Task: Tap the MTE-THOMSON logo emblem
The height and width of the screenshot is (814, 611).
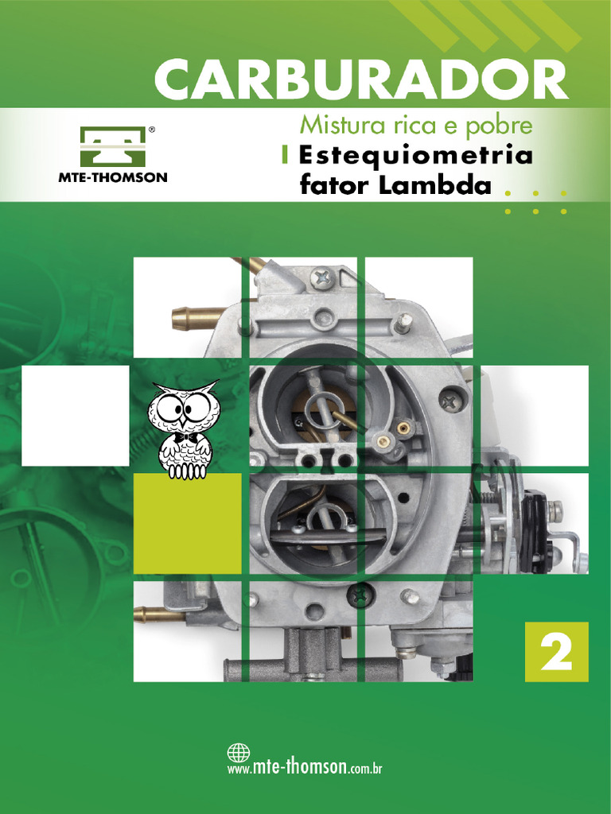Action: [x=112, y=147]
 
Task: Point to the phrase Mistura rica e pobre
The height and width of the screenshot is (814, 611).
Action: [x=415, y=126]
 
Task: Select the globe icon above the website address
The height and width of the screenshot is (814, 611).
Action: [x=239, y=752]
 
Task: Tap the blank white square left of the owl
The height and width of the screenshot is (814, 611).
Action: [x=75, y=416]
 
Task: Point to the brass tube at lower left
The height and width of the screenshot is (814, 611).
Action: [x=156, y=614]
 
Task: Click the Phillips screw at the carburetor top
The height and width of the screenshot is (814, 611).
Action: [x=322, y=278]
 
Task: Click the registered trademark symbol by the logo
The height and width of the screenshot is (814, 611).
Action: [x=152, y=127]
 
